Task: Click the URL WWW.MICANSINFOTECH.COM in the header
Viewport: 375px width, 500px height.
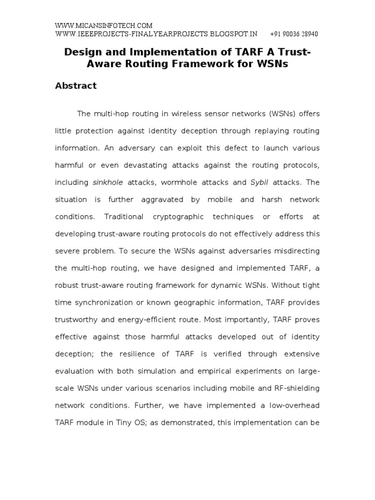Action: click(x=104, y=25)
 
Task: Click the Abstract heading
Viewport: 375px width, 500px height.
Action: click(x=76, y=86)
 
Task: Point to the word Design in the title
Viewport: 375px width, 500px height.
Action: click(x=82, y=52)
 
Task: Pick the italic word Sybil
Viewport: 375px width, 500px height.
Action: click(x=259, y=183)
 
